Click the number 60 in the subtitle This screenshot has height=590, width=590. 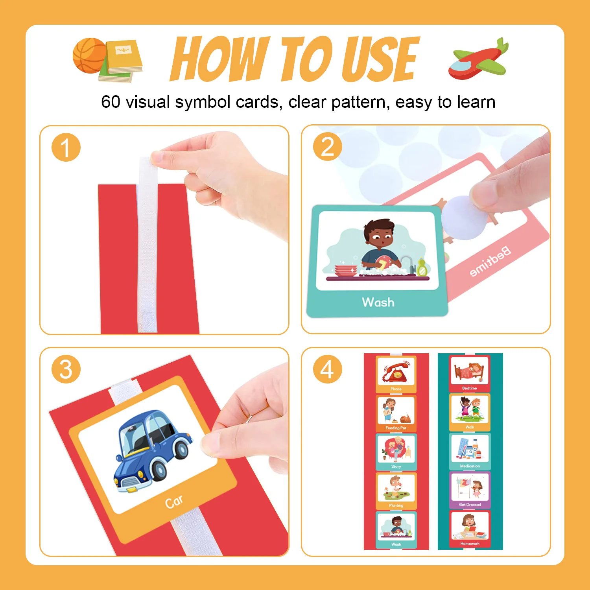click(111, 102)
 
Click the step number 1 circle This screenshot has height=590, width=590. click(66, 148)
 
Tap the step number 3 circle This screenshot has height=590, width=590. click(66, 369)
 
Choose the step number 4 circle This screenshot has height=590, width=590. click(327, 369)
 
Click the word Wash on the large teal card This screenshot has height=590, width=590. click(378, 302)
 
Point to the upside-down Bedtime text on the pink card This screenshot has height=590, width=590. click(490, 261)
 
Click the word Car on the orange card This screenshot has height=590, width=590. click(174, 502)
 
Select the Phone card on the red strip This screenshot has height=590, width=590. click(396, 374)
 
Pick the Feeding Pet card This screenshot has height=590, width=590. click(396, 413)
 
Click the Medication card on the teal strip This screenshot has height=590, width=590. click(470, 451)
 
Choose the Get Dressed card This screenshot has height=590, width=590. click(470, 490)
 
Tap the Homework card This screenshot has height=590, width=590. click(470, 529)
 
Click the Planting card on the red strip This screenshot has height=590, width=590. click(396, 490)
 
